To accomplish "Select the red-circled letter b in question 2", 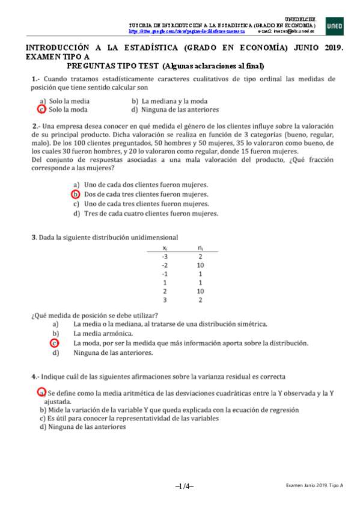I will click(76, 194).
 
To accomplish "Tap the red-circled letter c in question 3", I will click(55, 343).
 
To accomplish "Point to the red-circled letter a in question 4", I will click(42, 392).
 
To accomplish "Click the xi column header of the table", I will click(165, 248).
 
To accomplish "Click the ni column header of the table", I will click(200, 248).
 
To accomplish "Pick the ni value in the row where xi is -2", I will click(200, 265).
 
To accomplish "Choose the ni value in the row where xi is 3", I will click(200, 300).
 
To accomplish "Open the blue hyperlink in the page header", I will click(192, 31).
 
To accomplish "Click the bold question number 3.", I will click(34, 238).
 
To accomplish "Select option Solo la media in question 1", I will click(69, 102).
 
